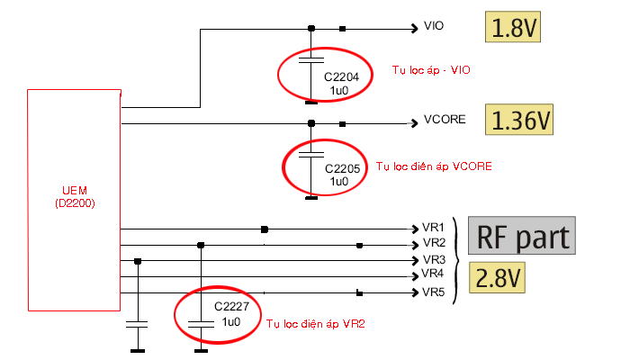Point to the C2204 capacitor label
tap(342, 77)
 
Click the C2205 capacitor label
tap(342, 168)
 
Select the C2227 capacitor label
tap(230, 307)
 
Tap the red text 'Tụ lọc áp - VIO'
tap(432, 69)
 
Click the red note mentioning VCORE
tap(433, 166)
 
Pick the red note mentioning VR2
tap(316, 322)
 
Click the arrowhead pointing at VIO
tap(413, 29)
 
